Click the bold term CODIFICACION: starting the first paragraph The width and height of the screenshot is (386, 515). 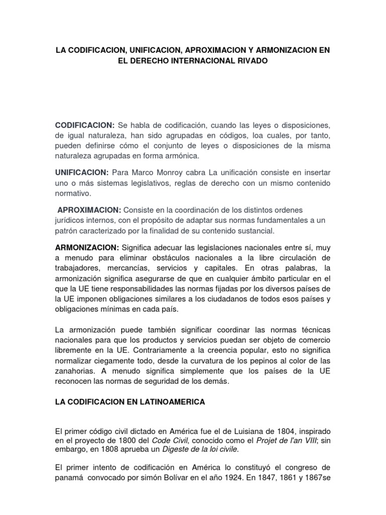tap(85, 125)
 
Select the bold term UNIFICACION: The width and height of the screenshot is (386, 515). tap(82, 173)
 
